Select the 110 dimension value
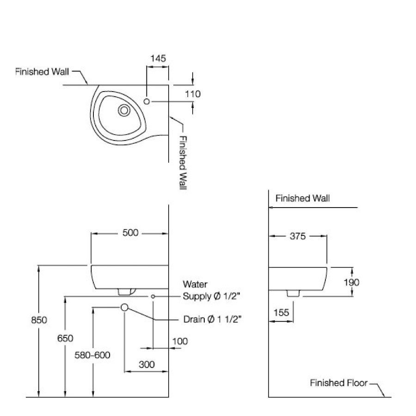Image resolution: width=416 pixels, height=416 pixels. point(192,94)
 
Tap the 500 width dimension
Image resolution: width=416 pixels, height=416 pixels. point(130,232)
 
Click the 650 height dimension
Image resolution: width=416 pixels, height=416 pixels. point(65,338)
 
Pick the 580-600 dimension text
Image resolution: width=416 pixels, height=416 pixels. point(92,355)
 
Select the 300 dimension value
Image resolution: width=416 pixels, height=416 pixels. point(146,364)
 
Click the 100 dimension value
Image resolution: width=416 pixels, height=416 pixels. point(180,341)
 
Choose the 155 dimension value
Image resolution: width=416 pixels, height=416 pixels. point(281,312)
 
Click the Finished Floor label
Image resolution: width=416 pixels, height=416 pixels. point(338,383)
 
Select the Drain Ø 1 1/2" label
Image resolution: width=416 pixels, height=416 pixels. point(212,319)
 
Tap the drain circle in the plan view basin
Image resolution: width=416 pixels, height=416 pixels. point(124,110)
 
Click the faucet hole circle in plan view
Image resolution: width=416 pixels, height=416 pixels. point(147,101)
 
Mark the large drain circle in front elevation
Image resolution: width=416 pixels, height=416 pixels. point(124,307)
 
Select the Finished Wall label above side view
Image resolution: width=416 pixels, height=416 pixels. point(302,198)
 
